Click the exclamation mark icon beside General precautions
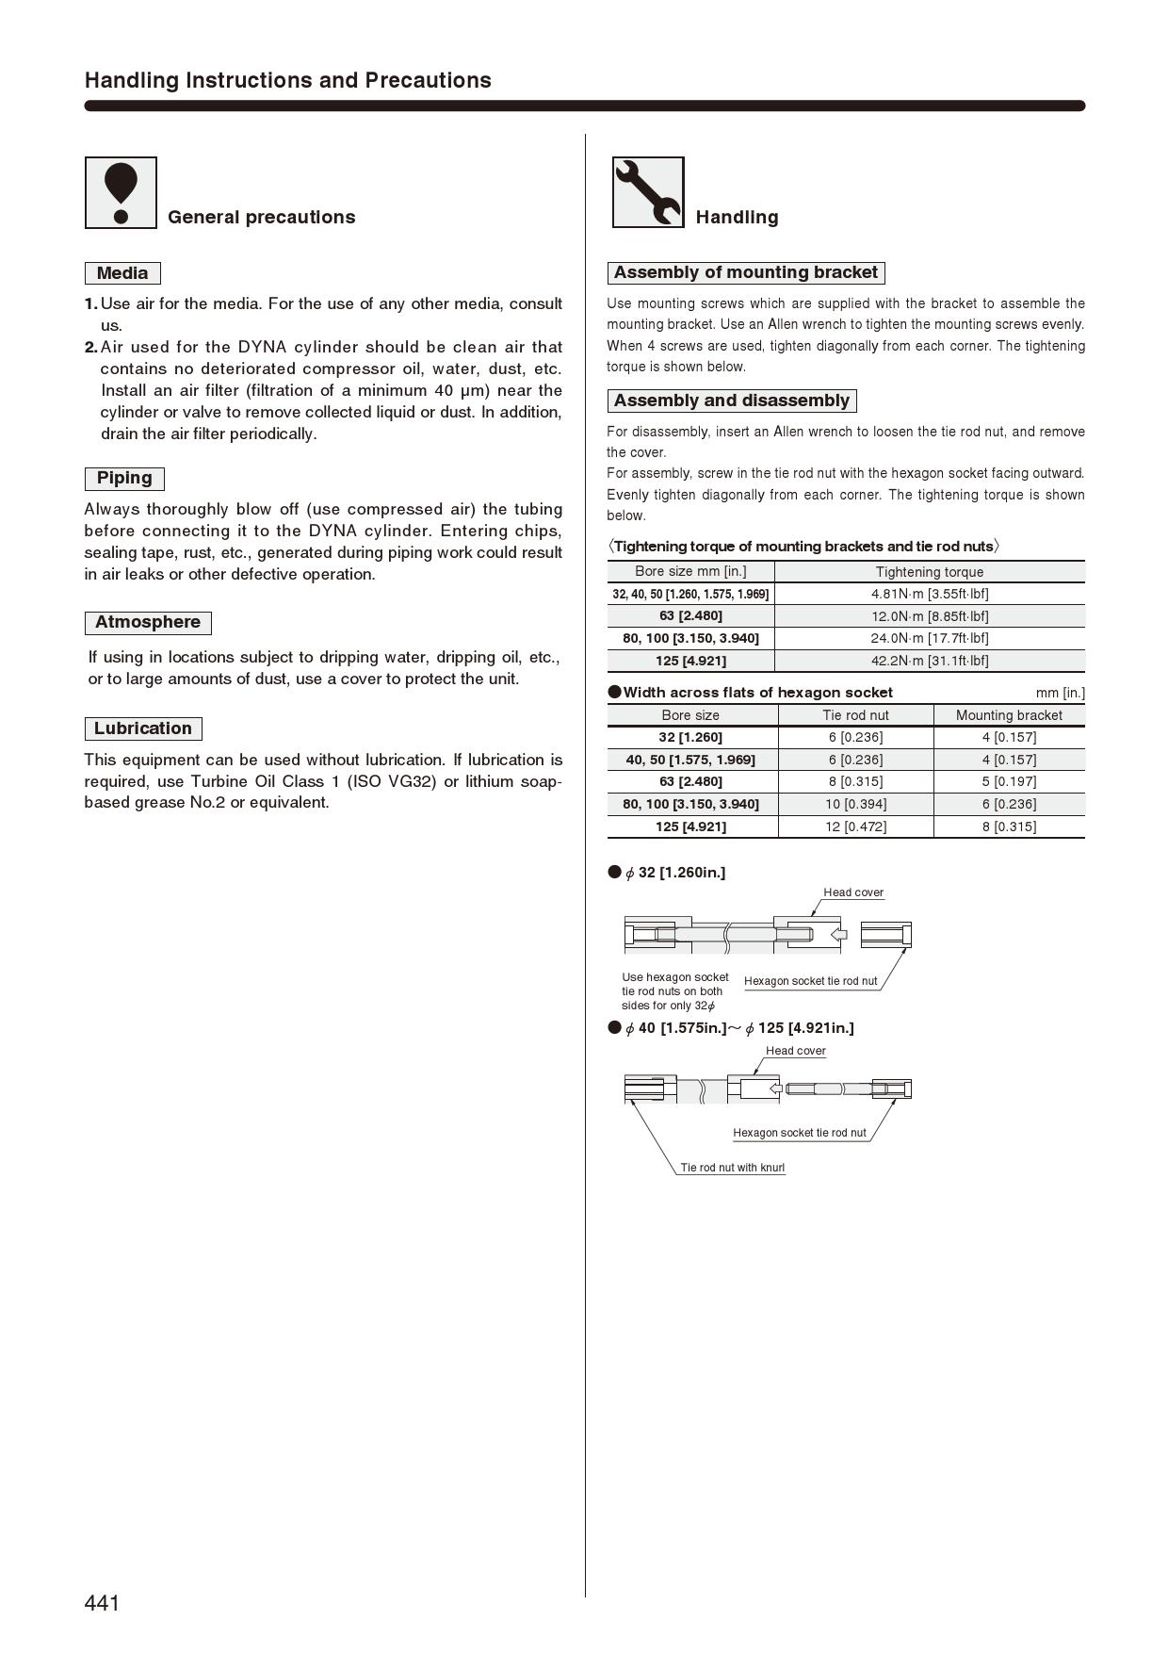pos(121,192)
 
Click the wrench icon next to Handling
pos(648,192)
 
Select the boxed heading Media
pos(122,273)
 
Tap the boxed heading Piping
pos(124,478)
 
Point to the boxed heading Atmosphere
pos(148,622)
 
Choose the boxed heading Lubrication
pos(143,728)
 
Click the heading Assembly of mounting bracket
pos(745,272)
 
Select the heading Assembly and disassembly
pos(731,401)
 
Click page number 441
pos(102,1603)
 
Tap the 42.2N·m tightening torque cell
pos(929,661)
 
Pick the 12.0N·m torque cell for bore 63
pos(929,616)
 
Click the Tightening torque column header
pos(929,572)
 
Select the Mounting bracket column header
pos(1008,715)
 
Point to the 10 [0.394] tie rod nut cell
pos(855,804)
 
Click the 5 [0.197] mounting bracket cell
pos(1008,781)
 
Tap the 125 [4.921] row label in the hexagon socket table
pos(690,826)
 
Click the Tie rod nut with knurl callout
pos(732,1168)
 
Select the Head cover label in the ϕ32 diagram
pos(852,892)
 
